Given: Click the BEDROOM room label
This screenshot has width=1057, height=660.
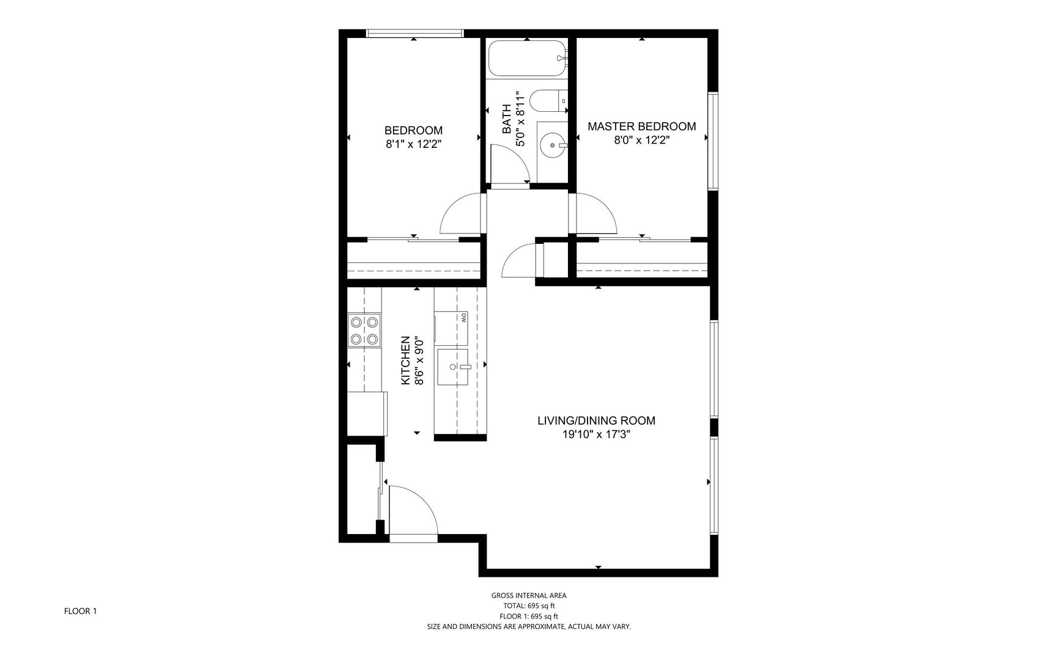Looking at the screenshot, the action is (x=413, y=130).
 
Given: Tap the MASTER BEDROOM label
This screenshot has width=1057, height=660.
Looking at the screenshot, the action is (x=642, y=127).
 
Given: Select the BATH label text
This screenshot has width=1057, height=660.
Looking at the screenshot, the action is (x=507, y=119).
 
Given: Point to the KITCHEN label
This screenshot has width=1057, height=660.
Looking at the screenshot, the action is (x=405, y=361).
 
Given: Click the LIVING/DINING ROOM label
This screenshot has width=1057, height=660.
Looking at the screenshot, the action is (x=596, y=420).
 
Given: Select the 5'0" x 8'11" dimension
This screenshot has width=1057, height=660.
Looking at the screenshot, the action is (x=521, y=119).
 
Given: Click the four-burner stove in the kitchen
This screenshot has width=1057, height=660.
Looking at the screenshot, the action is (x=364, y=330).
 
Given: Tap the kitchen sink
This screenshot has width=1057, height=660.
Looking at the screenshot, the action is (x=453, y=367).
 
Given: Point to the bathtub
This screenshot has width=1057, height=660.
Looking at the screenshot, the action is (x=528, y=58).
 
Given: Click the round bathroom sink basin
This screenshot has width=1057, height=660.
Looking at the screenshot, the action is (x=553, y=146).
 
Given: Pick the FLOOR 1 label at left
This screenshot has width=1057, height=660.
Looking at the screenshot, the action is (x=81, y=610).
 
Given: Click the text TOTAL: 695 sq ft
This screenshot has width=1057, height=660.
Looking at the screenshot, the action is (x=529, y=606).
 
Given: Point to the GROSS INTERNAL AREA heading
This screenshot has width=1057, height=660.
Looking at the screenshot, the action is (x=529, y=596).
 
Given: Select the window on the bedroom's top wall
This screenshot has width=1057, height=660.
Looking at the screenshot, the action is (x=414, y=34).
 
